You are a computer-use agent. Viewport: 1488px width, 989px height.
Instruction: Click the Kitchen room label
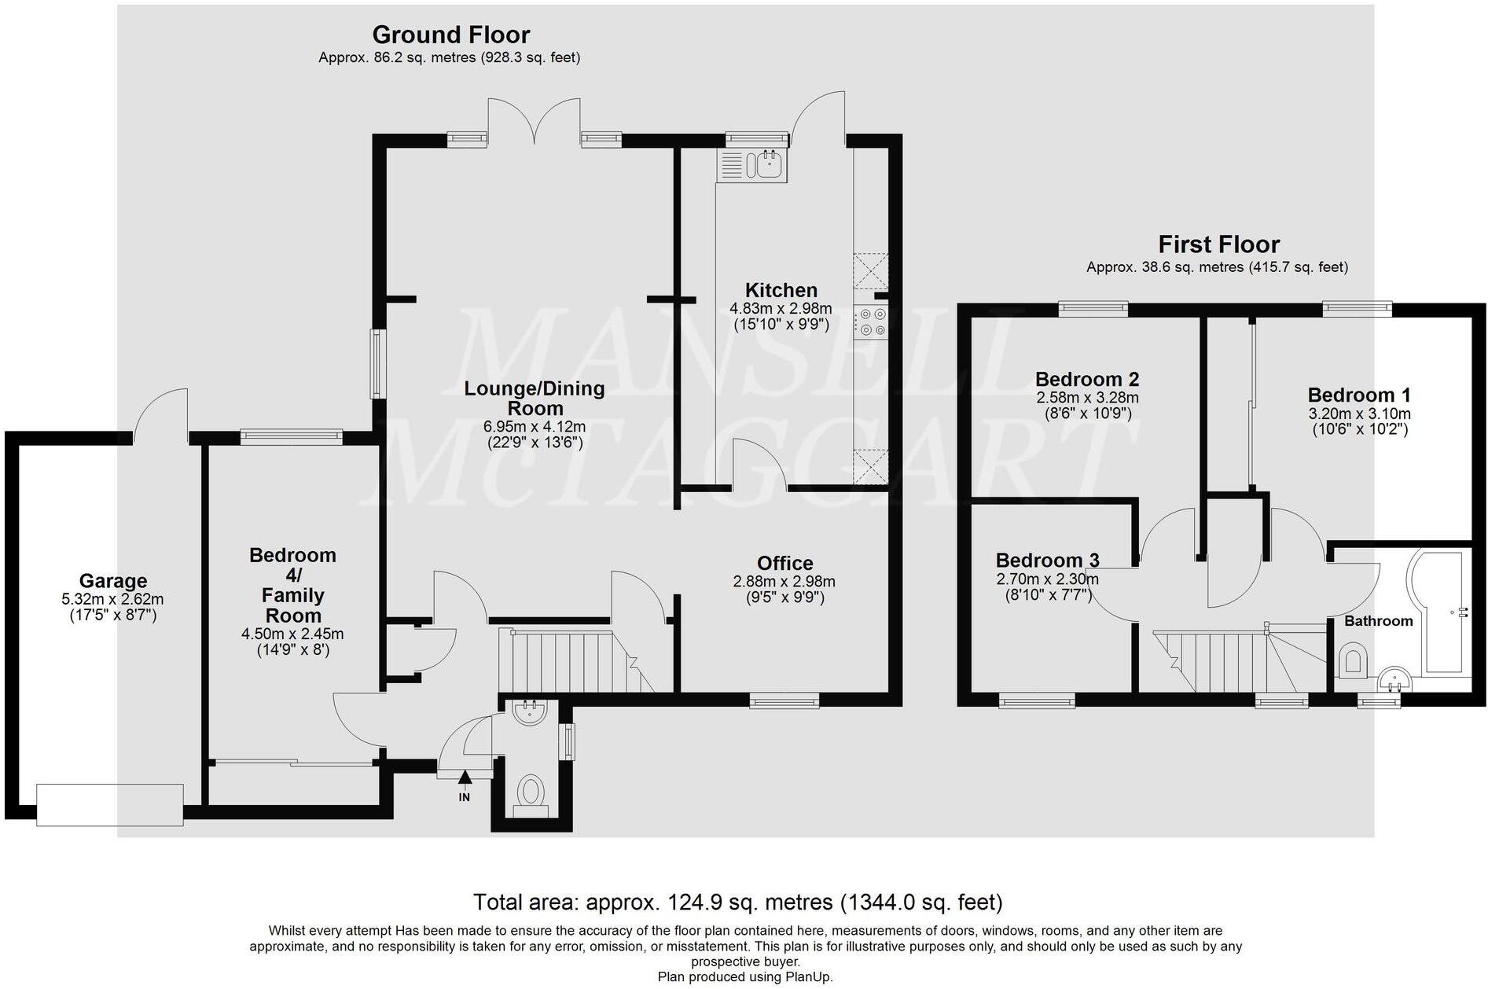781,290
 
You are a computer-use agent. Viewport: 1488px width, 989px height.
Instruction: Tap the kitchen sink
752,165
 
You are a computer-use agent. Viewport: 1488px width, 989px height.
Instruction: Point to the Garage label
113,581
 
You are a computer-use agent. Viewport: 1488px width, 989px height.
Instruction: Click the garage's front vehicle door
110,804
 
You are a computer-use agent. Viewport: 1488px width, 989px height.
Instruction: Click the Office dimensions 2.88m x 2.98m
784,582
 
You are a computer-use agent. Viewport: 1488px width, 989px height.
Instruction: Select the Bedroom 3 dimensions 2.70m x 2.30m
1047,579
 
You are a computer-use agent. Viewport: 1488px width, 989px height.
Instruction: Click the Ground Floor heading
450,35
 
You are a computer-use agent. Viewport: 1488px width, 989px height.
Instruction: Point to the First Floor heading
1219,244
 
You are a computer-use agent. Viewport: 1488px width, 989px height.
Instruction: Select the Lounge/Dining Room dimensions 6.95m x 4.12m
534,427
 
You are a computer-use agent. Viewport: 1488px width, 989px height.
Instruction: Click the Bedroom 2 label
1087,379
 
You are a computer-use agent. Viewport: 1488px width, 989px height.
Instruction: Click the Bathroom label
1378,621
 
